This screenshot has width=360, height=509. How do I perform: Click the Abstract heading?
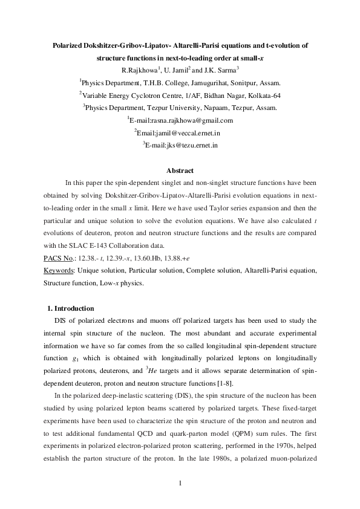click(x=180, y=170)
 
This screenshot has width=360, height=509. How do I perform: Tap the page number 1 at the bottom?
click(x=180, y=482)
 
